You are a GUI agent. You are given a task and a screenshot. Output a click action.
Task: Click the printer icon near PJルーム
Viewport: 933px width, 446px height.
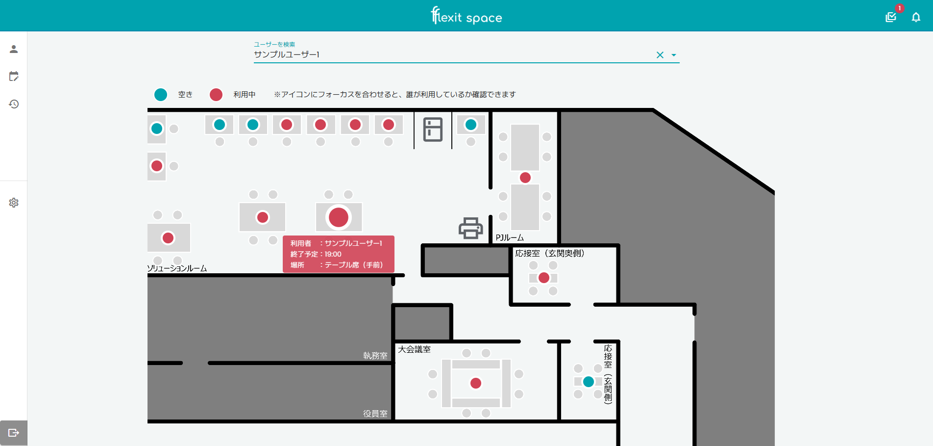(471, 228)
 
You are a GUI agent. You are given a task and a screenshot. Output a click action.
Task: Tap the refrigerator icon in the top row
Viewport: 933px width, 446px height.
(433, 130)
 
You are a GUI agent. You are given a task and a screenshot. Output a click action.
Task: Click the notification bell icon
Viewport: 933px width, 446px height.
(916, 18)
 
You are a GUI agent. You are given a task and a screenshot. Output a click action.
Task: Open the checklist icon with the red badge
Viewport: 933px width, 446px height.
(891, 18)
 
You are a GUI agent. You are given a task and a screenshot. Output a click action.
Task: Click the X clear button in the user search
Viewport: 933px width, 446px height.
(660, 55)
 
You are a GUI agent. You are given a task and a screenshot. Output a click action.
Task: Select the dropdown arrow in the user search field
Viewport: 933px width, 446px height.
(674, 55)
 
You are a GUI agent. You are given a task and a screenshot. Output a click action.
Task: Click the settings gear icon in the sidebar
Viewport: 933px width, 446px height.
(14, 203)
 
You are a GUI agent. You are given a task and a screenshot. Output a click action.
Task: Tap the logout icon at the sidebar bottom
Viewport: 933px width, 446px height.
(14, 433)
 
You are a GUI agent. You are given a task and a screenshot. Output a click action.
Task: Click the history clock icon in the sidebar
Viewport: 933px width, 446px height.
(14, 104)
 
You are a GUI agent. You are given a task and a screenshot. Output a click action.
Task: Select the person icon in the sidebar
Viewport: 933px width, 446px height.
(14, 49)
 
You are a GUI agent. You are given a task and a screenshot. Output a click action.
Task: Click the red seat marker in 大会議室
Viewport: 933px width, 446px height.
(476, 383)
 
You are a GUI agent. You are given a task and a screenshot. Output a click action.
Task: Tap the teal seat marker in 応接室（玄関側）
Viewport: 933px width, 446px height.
(589, 381)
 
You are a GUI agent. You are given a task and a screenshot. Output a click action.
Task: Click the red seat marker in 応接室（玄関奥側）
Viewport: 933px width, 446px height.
(544, 278)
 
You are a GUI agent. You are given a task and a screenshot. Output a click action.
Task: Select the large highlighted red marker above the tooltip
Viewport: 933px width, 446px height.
(339, 217)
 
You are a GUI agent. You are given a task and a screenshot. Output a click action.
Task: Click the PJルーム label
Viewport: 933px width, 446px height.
(510, 237)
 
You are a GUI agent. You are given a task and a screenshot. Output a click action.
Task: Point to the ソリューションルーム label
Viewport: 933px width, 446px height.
(177, 268)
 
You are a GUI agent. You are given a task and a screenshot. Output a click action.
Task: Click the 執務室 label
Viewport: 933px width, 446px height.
(375, 356)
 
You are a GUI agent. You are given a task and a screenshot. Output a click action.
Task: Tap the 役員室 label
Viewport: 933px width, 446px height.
(375, 414)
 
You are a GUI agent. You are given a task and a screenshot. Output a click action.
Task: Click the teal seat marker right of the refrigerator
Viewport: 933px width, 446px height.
(471, 125)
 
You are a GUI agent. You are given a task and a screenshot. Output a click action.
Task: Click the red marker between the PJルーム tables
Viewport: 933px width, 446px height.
(525, 178)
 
